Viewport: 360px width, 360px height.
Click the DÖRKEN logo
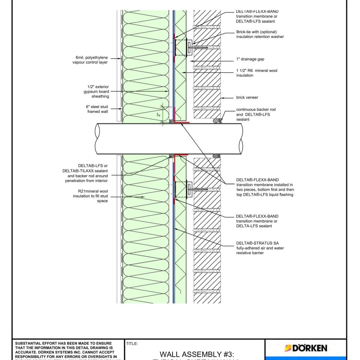click(x=306, y=348)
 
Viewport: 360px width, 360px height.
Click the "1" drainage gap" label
click(x=250, y=59)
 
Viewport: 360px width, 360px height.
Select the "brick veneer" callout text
click(x=247, y=97)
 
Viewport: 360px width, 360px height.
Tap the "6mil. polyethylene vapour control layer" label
click(x=90, y=60)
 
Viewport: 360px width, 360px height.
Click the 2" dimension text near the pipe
click(x=159, y=115)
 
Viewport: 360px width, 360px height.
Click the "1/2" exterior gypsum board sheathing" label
click(x=96, y=91)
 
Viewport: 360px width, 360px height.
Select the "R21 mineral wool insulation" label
click(x=90, y=196)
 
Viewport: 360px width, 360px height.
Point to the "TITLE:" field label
click(x=132, y=344)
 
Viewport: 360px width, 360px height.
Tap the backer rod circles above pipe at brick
click(x=215, y=121)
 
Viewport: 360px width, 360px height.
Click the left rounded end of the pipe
click(x=97, y=139)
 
